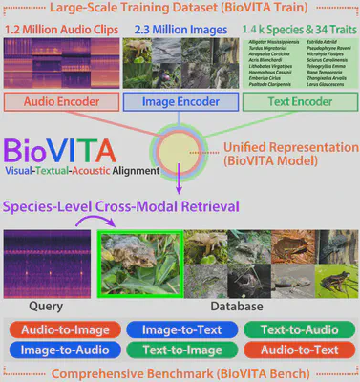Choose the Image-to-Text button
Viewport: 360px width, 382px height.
(x=180, y=329)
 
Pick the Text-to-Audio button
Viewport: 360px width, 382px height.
(x=298, y=329)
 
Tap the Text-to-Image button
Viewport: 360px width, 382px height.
(x=180, y=350)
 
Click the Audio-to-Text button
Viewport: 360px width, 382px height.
(x=298, y=350)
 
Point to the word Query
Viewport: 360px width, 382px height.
(x=48, y=308)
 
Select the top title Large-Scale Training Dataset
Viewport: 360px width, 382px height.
(x=180, y=10)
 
